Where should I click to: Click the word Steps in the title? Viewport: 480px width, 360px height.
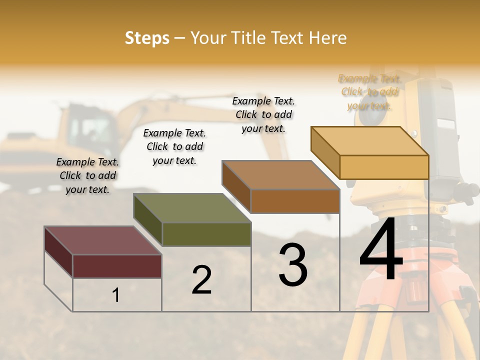[146, 38]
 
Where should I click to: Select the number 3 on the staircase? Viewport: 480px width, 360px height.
[292, 265]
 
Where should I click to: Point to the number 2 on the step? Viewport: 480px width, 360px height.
[201, 279]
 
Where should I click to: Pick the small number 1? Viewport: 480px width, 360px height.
[116, 295]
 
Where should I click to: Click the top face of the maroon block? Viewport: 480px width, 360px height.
[102, 240]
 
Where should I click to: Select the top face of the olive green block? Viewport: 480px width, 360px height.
[192, 208]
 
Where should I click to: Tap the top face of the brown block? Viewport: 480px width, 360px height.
[280, 175]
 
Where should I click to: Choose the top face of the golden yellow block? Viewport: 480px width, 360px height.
[370, 141]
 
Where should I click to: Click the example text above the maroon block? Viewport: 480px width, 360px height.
[87, 175]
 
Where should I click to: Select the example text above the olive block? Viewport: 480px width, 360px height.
[174, 146]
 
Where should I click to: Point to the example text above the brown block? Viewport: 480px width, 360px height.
[263, 114]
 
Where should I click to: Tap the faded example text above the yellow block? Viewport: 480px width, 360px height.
[369, 92]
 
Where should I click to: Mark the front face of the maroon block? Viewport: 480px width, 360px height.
[117, 266]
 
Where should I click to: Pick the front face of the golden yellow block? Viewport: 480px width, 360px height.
[384, 167]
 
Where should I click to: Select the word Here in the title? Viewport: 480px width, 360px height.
[328, 38]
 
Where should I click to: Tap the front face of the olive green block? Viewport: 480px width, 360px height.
[206, 234]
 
